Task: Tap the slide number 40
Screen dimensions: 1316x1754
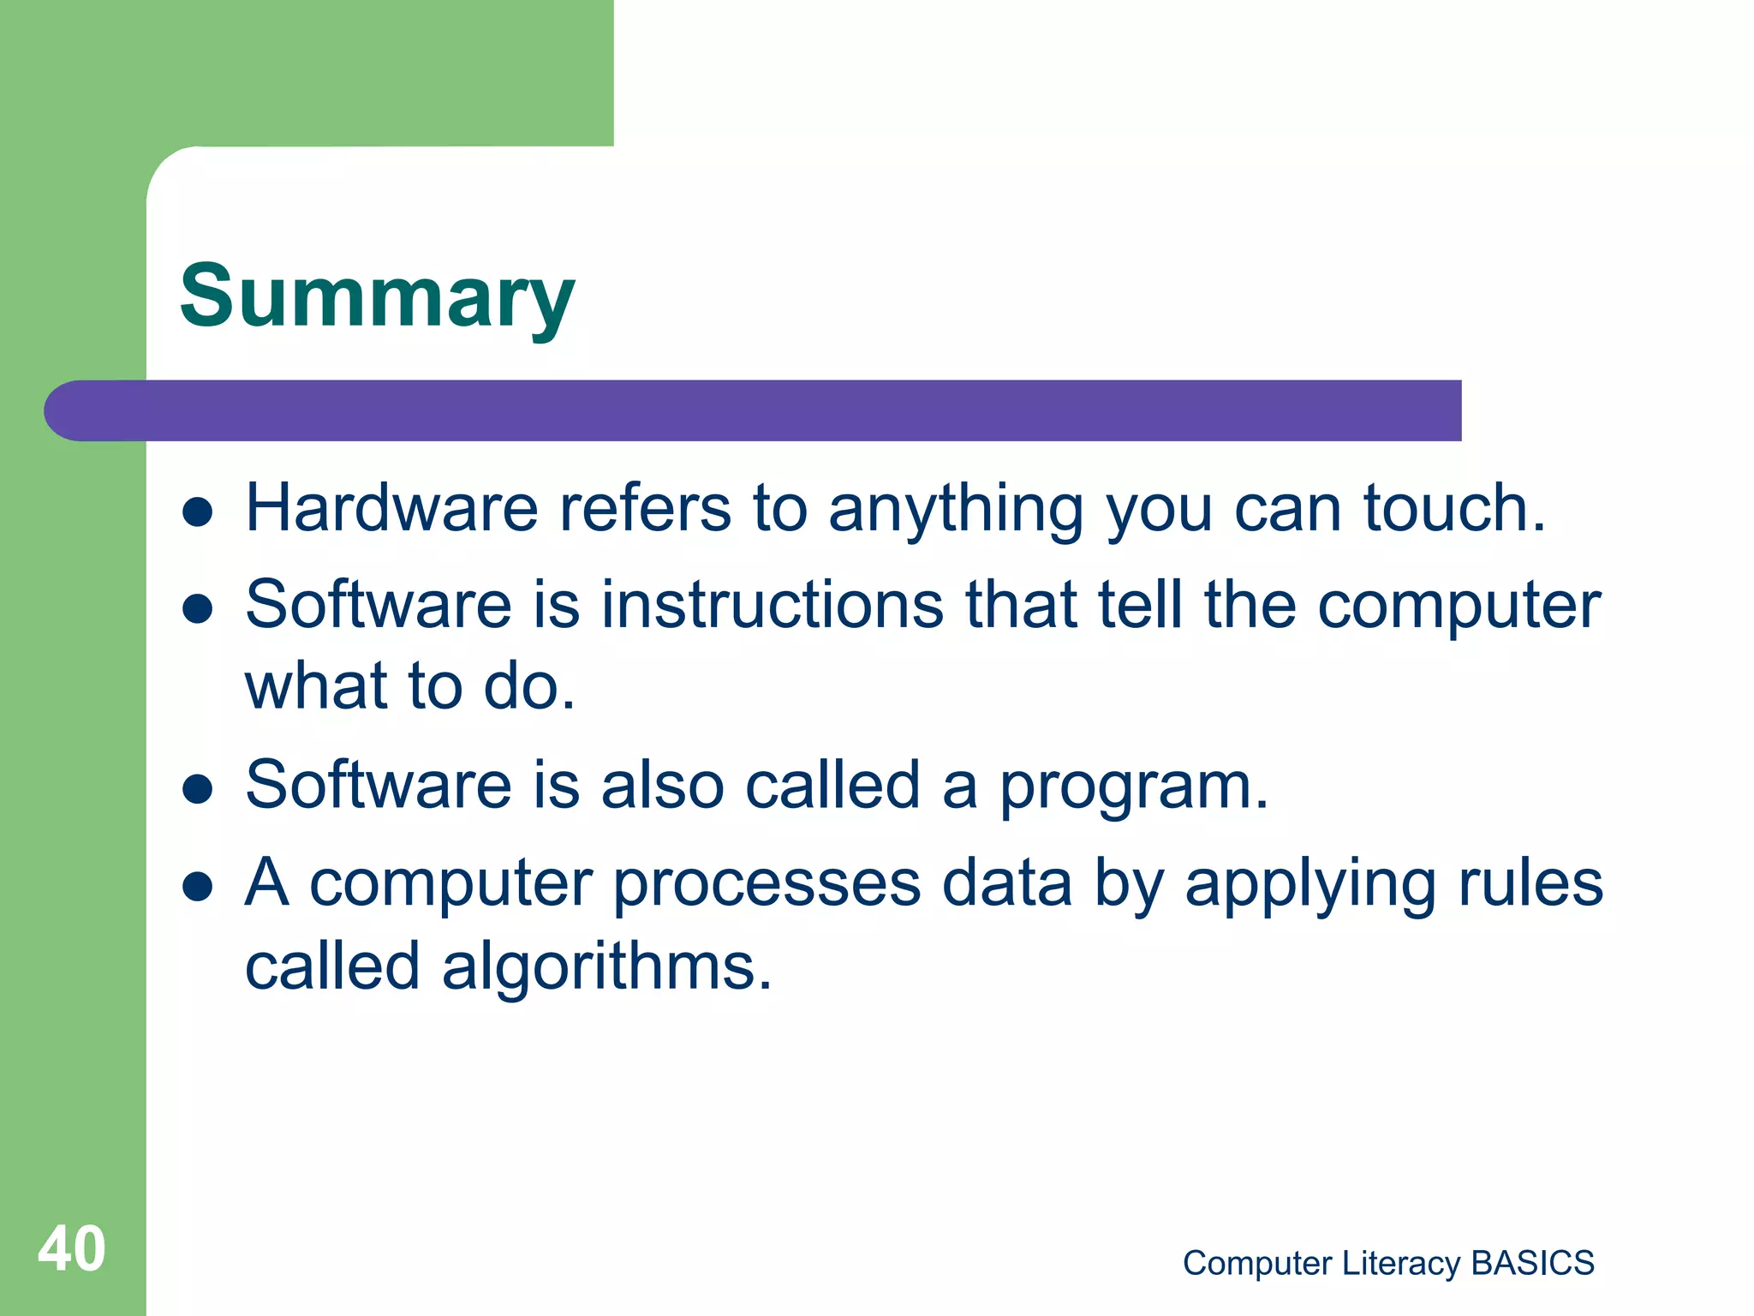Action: [x=72, y=1249]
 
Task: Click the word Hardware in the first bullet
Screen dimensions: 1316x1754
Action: [x=391, y=508]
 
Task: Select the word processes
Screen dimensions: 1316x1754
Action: [x=767, y=885]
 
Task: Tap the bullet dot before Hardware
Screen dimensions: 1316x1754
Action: [x=198, y=511]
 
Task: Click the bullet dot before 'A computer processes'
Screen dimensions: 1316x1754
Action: [x=198, y=887]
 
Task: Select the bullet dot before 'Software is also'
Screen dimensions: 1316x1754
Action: [x=198, y=789]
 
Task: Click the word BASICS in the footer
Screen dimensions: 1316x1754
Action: [x=1532, y=1263]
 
